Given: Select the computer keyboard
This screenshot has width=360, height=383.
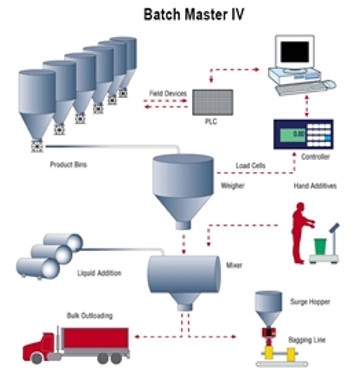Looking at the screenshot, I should pos(299,88).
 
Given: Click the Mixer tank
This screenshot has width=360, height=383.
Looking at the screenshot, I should pos(185,271).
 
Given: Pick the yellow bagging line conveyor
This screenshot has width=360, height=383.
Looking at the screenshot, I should pos(268,350).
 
